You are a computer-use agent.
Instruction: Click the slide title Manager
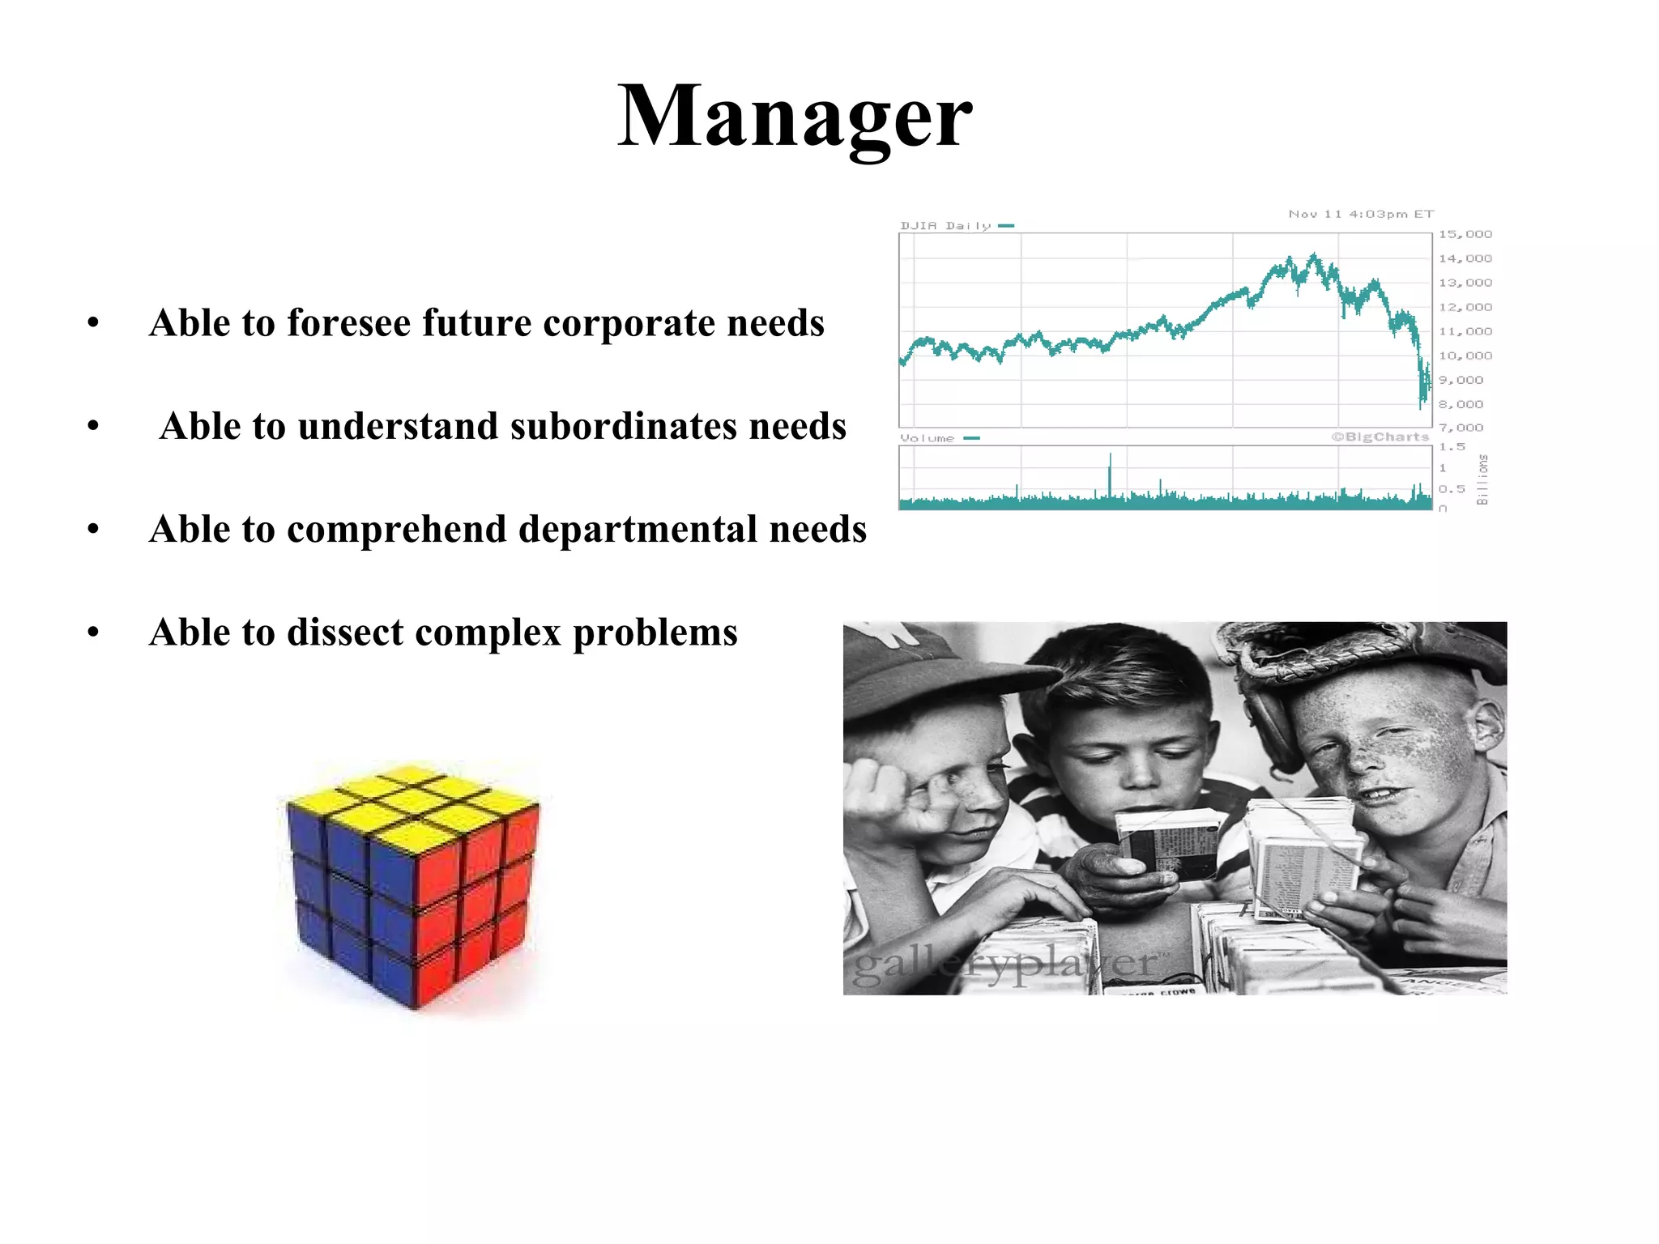click(x=794, y=117)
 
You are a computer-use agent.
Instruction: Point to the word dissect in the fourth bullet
click(x=344, y=633)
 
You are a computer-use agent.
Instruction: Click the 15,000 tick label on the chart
click(x=1465, y=235)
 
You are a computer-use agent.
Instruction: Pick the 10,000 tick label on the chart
click(x=1465, y=356)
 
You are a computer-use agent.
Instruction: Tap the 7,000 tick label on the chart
click(x=1461, y=428)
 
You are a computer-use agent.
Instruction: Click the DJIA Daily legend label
click(x=945, y=226)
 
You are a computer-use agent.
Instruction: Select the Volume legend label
click(x=928, y=438)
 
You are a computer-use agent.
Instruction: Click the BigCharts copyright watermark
click(x=1380, y=437)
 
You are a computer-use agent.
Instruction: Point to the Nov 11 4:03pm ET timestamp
click(x=1361, y=215)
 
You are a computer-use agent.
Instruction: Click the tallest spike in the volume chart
click(x=1110, y=474)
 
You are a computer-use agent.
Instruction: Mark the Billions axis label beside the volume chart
click(x=1482, y=479)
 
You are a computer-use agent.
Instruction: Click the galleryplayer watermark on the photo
click(x=1004, y=964)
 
